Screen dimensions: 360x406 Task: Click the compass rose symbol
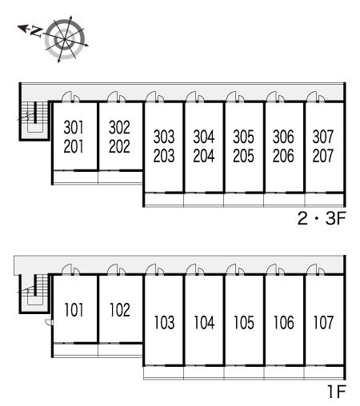coord(66,39)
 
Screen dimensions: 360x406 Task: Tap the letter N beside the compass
coord(36,32)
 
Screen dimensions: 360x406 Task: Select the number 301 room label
coord(74,127)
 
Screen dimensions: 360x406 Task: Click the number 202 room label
coord(119,146)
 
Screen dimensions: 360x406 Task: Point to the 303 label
coord(164,137)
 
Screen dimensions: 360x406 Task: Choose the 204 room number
coord(204,156)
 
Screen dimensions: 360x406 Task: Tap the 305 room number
coord(243,137)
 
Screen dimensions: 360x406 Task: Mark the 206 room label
coord(283,156)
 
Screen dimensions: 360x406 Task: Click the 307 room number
coord(323,137)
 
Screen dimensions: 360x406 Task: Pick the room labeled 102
coord(120,310)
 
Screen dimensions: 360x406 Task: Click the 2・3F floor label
coord(322,219)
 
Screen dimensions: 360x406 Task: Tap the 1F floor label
coord(337,392)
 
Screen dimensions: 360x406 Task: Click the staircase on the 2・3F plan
coord(34,117)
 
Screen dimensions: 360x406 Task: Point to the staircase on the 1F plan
coord(34,289)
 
